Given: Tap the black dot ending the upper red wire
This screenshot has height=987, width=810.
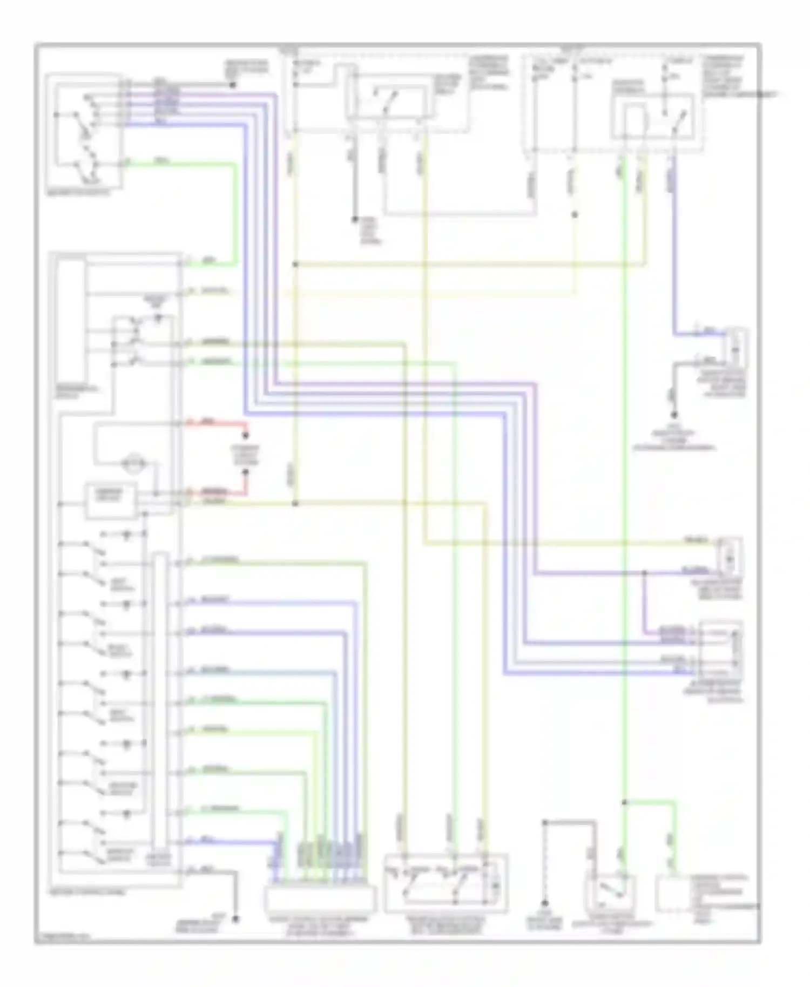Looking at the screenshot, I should pos(245,435).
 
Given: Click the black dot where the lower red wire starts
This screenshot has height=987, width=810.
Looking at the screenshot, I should pos(245,472).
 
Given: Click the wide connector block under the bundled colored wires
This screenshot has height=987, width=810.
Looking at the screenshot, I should pos(320,898).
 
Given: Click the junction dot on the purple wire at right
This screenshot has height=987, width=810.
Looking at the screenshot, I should pos(644,573).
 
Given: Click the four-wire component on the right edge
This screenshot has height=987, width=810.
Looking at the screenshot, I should pos(721,650).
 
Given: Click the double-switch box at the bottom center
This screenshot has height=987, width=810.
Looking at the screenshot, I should pos(446,883).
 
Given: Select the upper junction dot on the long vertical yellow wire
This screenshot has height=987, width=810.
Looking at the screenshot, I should pos(295,265).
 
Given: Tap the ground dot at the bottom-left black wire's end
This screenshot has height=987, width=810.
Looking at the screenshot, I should pos(235,918).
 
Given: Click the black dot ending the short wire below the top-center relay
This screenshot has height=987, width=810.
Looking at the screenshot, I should pos(355,220).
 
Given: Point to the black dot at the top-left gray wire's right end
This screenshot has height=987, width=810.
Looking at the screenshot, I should pos(233,85).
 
